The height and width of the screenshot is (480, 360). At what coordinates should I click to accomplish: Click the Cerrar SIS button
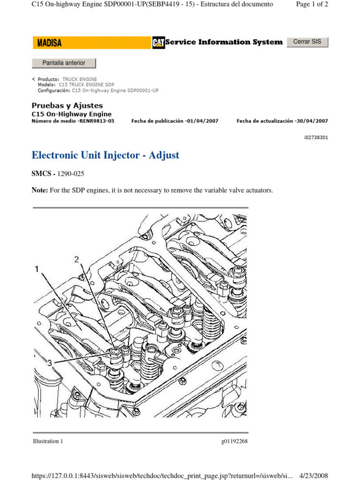307,42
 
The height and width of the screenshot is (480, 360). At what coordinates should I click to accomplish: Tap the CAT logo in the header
158,43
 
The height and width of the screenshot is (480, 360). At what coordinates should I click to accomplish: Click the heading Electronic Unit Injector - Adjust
105,155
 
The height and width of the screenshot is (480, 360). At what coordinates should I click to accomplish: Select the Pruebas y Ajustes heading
67,105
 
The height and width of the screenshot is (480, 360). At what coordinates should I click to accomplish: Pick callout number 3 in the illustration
49,362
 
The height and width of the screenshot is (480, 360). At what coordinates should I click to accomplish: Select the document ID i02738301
316,138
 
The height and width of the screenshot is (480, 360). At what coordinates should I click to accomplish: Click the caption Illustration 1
48,441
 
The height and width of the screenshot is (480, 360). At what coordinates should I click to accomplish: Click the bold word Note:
40,190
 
